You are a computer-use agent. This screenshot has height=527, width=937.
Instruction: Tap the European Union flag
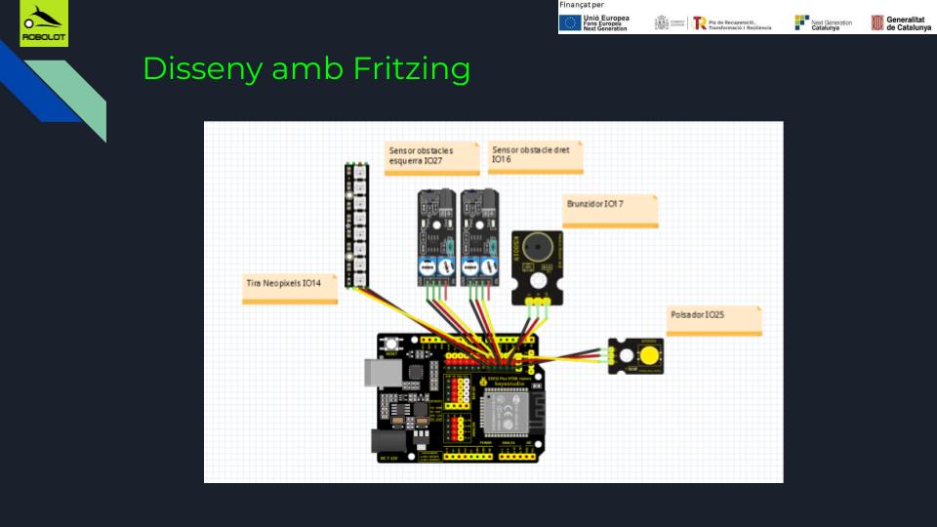pos(570,22)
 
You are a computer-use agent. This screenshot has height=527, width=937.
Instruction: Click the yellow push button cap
pos(648,353)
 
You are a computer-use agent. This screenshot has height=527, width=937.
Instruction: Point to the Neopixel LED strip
pos(351,225)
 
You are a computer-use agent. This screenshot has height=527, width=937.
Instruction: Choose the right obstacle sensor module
pos(478,234)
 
